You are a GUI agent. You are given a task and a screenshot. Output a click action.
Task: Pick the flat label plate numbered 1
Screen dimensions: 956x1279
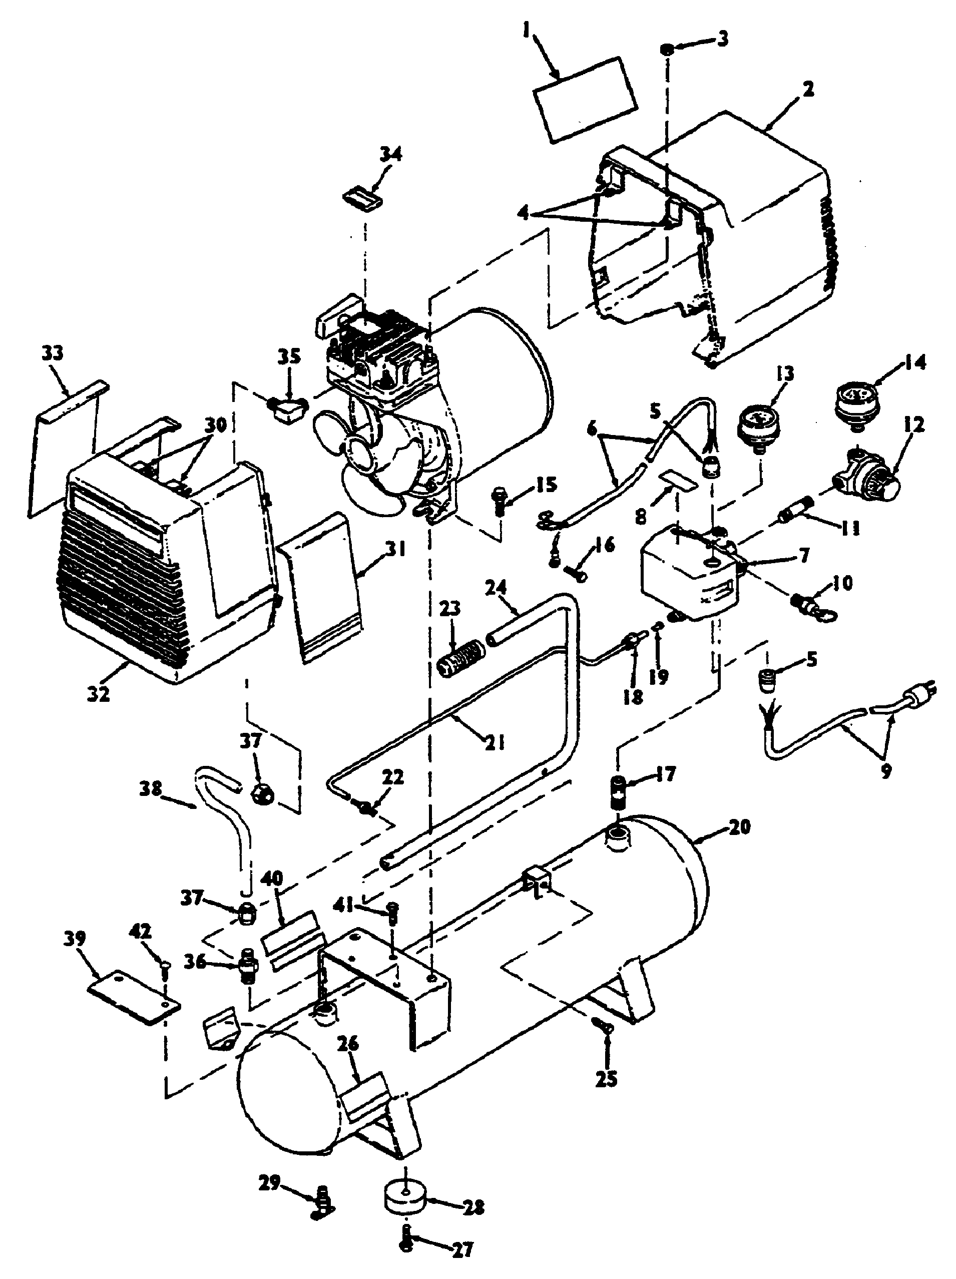(x=584, y=98)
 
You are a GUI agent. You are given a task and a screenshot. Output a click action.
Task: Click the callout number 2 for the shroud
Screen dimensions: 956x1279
(x=808, y=89)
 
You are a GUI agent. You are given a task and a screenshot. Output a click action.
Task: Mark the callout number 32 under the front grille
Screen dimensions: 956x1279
(x=99, y=693)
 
